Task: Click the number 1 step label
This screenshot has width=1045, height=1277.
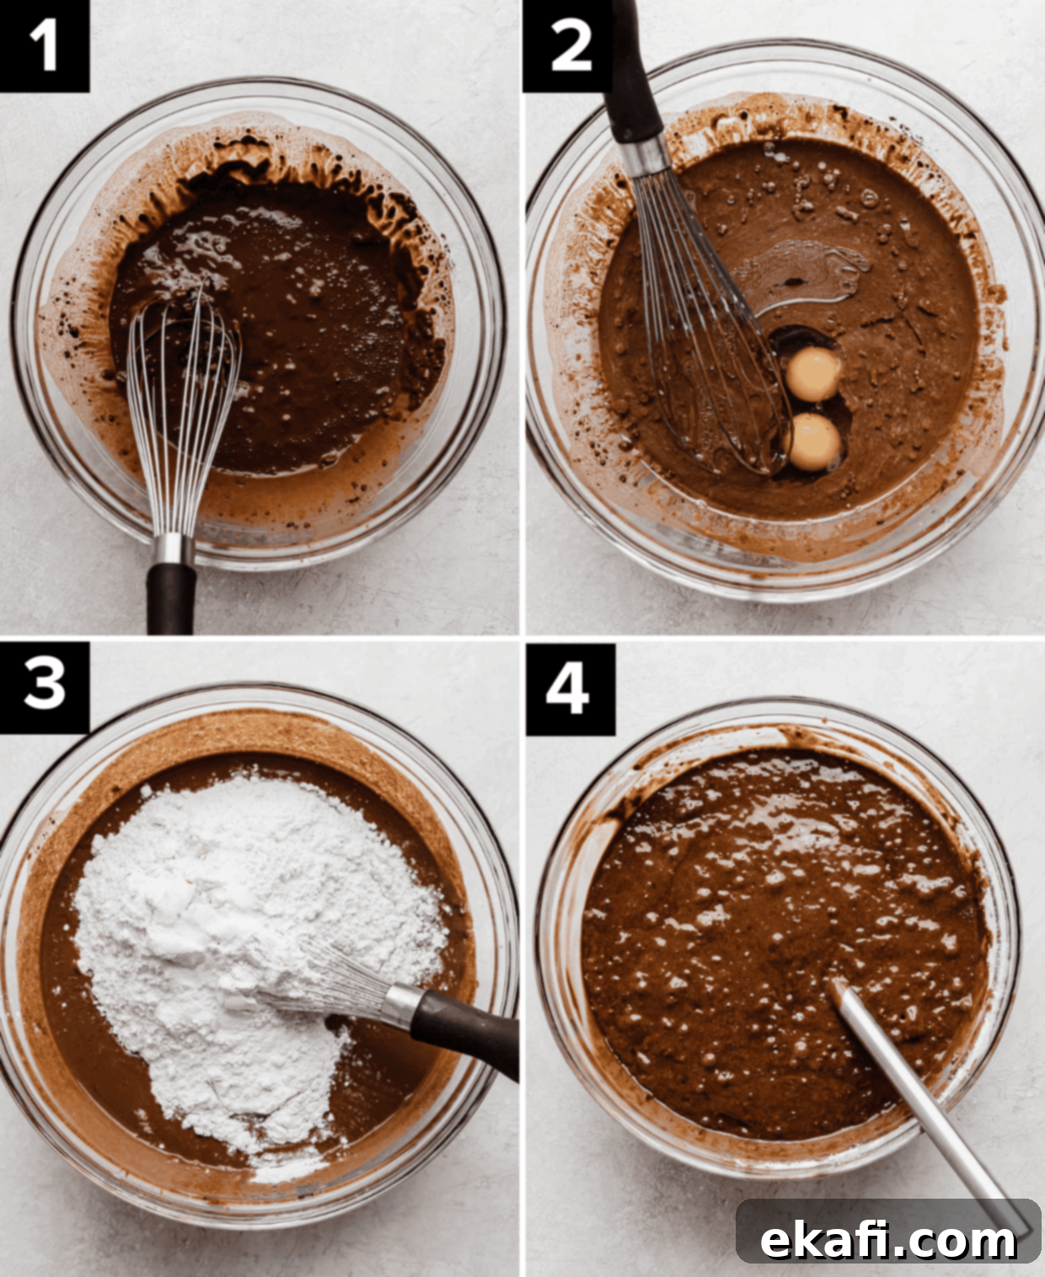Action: pyautogui.click(x=44, y=45)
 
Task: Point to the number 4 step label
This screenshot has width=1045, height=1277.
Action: pyautogui.click(x=570, y=690)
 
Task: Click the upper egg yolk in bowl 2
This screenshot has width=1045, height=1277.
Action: pyautogui.click(x=813, y=374)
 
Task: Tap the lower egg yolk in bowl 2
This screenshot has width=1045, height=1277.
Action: pyautogui.click(x=813, y=442)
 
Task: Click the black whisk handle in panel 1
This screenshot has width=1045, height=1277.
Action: pyautogui.click(x=171, y=598)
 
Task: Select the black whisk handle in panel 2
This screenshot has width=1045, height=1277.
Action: pyautogui.click(x=635, y=72)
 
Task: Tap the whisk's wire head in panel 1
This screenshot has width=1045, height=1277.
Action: pyautogui.click(x=183, y=412)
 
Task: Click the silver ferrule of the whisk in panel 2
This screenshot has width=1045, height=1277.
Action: pyautogui.click(x=648, y=156)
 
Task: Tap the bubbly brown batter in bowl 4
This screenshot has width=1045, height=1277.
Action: pyautogui.click(x=781, y=944)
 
